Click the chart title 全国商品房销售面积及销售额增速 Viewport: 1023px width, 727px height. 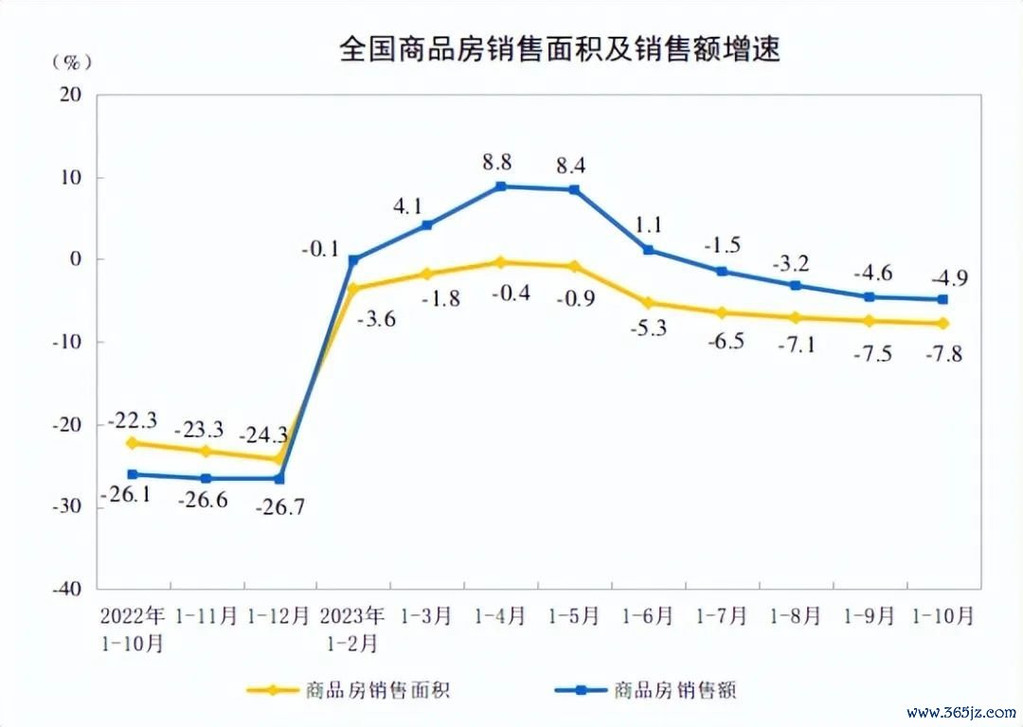point(559,50)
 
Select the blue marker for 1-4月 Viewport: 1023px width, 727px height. point(500,186)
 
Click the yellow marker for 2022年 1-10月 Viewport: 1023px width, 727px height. point(132,443)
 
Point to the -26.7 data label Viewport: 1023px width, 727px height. point(280,506)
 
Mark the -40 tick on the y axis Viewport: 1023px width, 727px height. point(67,589)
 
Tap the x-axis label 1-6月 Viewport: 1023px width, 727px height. point(648,616)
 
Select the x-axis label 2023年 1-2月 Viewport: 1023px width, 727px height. point(353,629)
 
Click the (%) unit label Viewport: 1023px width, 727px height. point(72,62)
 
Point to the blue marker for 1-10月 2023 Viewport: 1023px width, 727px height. point(943,299)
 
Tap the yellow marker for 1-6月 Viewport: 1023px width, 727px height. point(648,303)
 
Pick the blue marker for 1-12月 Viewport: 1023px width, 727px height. point(279,478)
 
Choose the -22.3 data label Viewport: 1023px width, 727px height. point(134,419)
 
